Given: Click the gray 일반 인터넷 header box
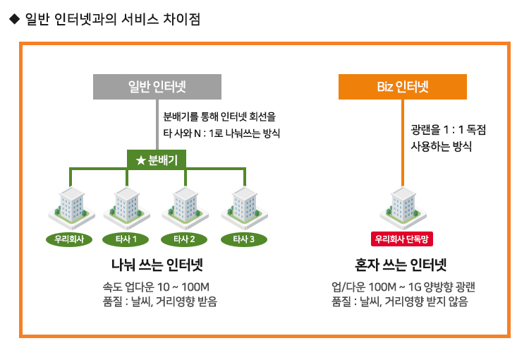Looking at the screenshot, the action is [x=157, y=87].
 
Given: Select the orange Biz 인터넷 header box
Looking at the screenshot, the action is [x=403, y=87].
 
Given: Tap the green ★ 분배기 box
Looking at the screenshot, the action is [x=157, y=160].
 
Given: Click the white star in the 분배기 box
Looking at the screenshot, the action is [x=140, y=160].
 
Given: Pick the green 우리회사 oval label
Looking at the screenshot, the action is [x=69, y=239].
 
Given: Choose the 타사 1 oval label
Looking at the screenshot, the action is [x=126, y=239].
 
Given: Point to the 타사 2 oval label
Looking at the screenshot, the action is [x=184, y=239].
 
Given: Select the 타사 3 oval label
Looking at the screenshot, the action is [x=244, y=239].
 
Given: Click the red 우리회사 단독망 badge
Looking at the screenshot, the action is [x=402, y=239].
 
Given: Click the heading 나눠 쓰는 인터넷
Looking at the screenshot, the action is [x=157, y=265].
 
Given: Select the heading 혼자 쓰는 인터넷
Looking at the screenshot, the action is [x=401, y=265].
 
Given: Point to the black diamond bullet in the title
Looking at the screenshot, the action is [x=15, y=19].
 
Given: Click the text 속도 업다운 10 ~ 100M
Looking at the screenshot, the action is [x=156, y=287].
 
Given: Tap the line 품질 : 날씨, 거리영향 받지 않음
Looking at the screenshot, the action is [x=400, y=301].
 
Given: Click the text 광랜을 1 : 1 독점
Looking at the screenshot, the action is [x=449, y=130].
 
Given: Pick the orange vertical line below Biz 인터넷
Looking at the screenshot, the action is [x=403, y=143].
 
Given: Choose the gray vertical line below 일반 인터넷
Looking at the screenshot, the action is [x=157, y=125].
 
